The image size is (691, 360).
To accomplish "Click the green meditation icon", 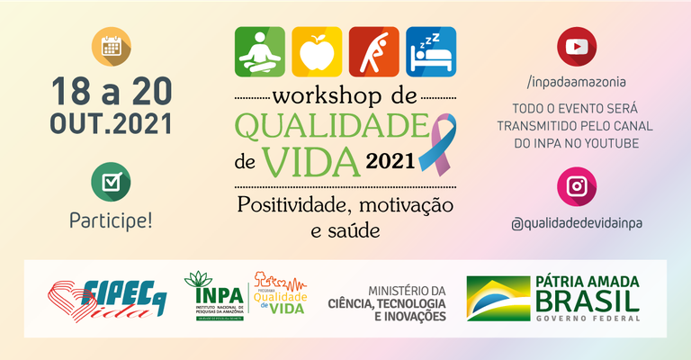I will coord(260,51).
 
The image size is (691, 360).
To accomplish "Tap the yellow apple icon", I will coord(317,51).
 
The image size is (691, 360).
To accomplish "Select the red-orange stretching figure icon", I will coord(374,51).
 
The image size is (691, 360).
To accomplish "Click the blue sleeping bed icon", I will coord(431,51).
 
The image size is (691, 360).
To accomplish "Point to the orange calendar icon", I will coord(112,48).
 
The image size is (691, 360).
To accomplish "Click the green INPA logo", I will coord(213,294).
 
